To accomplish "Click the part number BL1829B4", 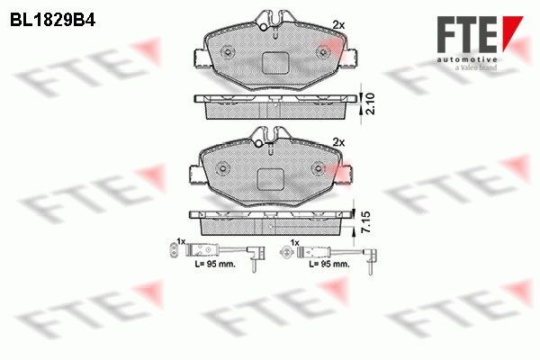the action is point(52,20).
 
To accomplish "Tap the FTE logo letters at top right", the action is point(468,34).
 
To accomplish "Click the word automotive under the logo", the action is point(467,60).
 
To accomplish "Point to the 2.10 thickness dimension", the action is point(371,103).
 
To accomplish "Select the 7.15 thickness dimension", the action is point(366,222).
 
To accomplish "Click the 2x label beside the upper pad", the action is point(338,25).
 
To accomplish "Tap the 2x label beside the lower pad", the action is point(338,142).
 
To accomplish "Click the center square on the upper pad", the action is point(274,63).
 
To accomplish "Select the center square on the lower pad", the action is point(271,179).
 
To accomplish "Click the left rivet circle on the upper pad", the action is point(228,52).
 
